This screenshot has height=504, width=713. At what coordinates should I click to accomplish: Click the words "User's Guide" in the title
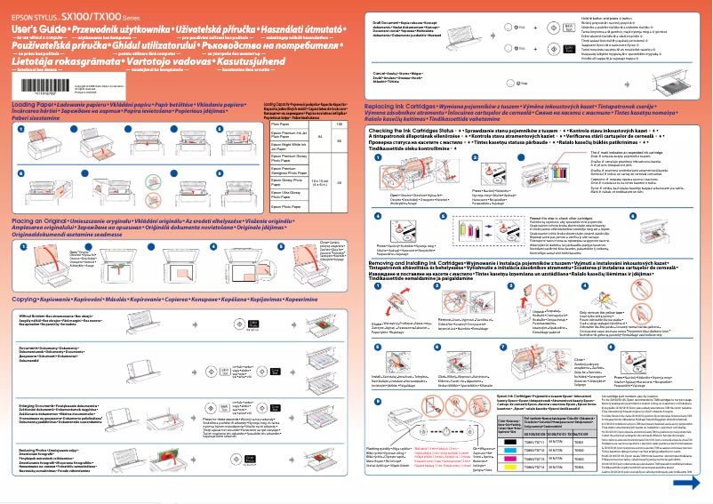coord(35,29)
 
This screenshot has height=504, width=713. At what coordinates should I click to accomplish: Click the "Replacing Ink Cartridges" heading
coord(401,105)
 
